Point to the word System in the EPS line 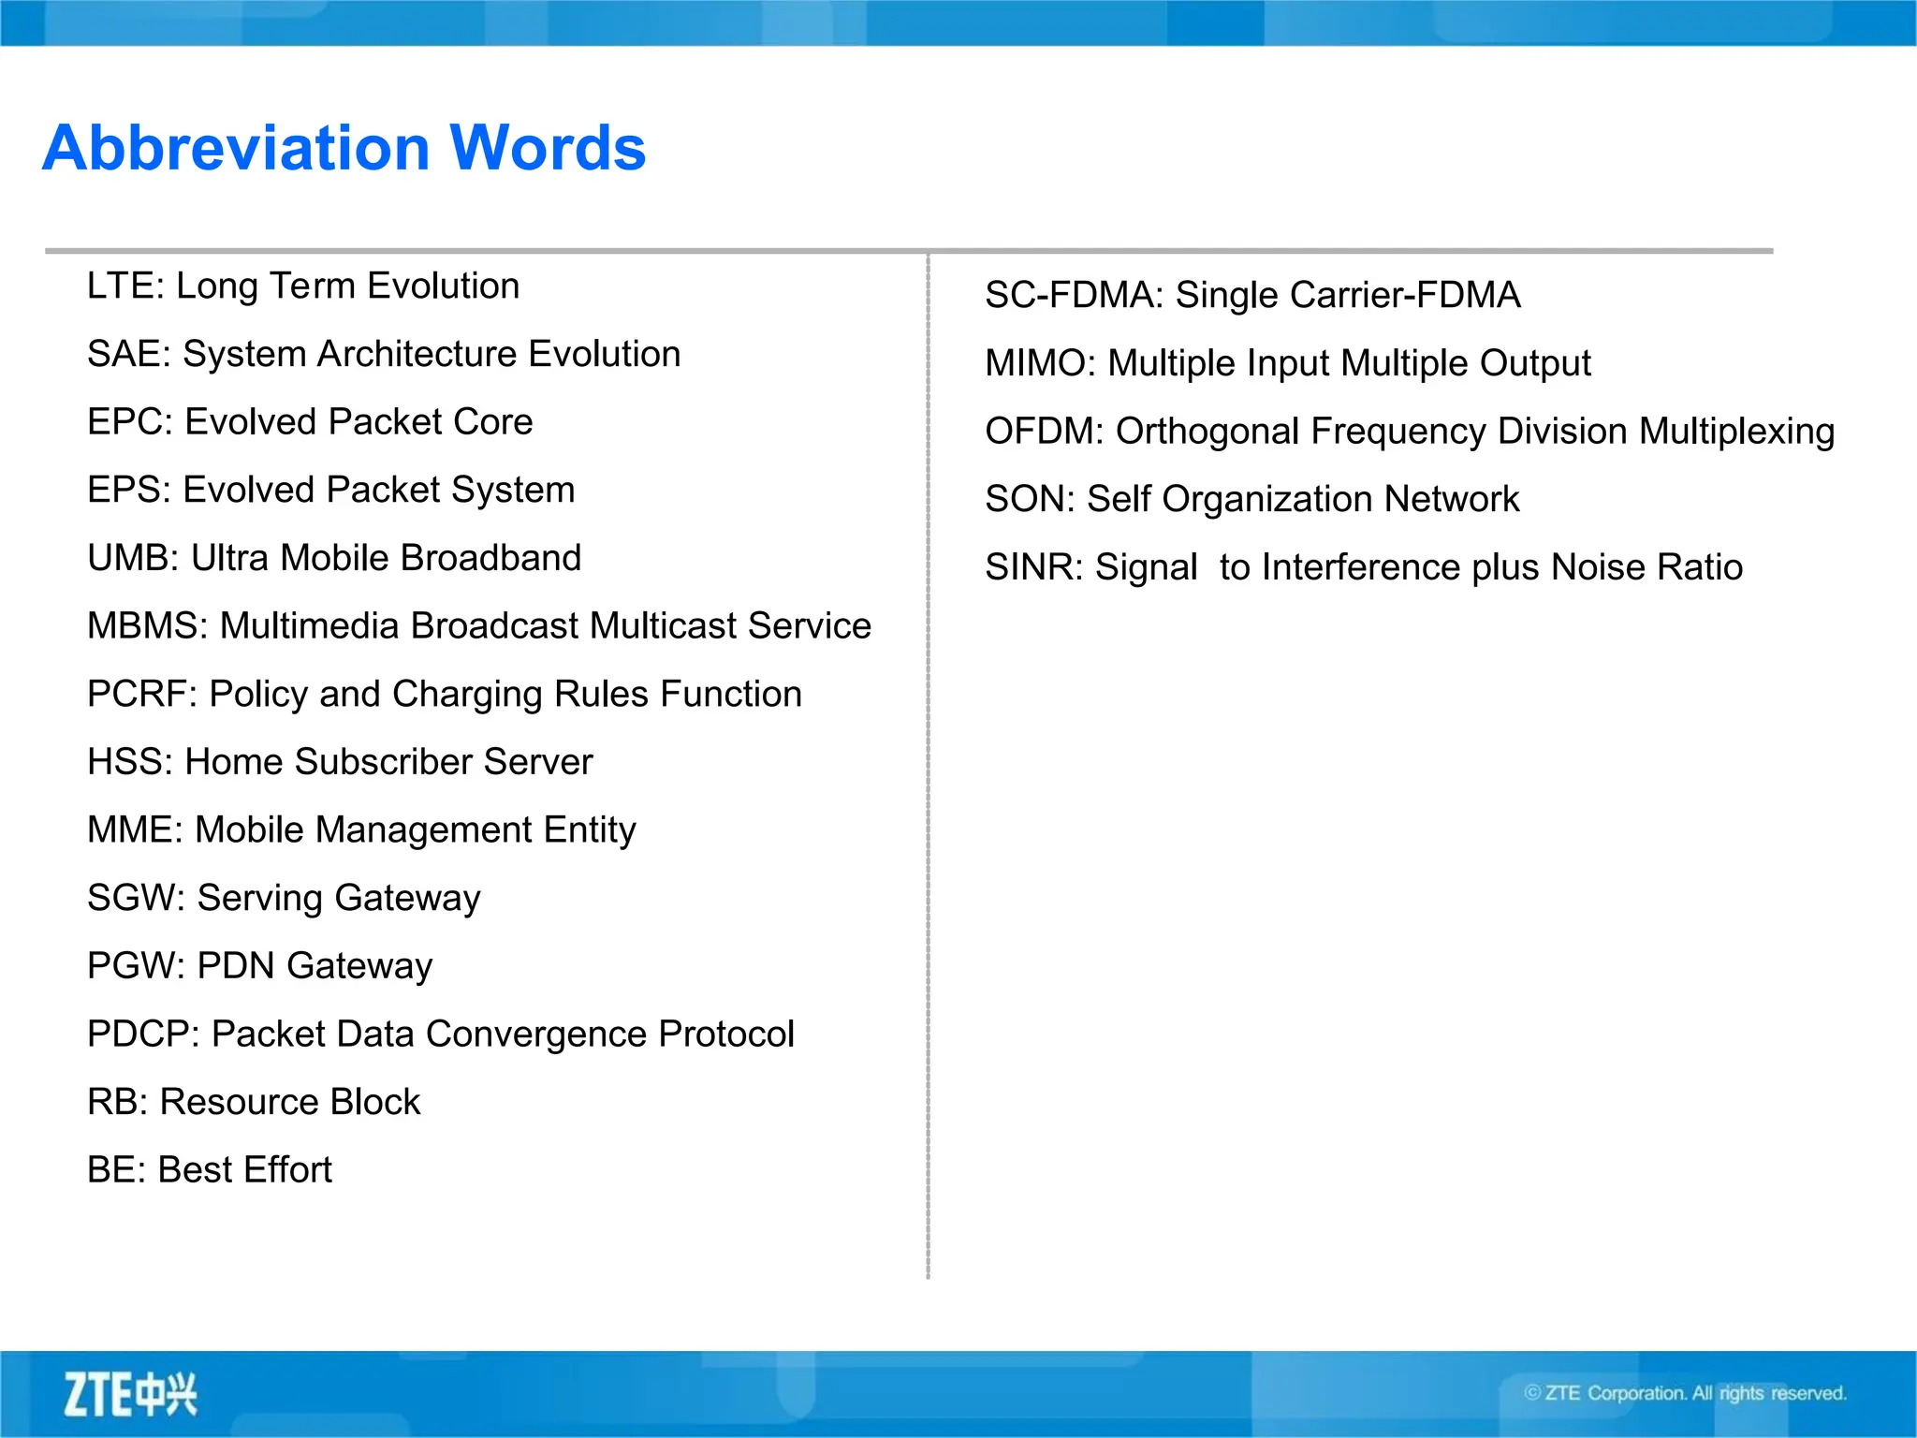coord(513,490)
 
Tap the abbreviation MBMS coord(145,625)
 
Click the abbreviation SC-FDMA coord(1072,295)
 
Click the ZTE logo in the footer coord(130,1394)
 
